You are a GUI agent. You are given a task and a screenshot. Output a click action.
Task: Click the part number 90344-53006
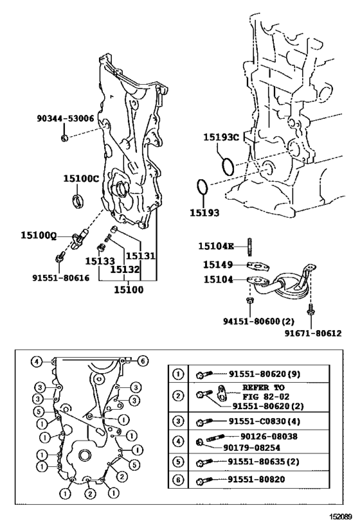(x=66, y=118)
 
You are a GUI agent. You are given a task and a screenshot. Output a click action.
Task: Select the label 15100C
(x=81, y=179)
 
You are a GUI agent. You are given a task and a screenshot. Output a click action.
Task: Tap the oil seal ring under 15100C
(x=79, y=200)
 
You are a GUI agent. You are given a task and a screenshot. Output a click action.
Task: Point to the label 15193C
(x=221, y=137)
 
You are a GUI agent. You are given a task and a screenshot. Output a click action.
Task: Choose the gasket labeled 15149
(x=258, y=267)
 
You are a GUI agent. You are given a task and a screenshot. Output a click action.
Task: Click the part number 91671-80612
(x=313, y=333)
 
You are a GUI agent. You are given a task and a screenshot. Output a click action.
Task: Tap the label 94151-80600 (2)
(x=258, y=321)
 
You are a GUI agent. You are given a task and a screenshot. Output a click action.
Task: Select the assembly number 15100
(x=129, y=290)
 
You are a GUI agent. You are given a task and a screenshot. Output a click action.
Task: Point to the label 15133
(x=100, y=261)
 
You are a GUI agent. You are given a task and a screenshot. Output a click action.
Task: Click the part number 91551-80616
(x=61, y=277)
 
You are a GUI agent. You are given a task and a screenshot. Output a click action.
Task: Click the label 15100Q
(x=39, y=236)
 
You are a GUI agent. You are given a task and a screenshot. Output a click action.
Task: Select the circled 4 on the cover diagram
(x=36, y=362)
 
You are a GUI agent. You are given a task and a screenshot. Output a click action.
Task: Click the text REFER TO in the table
(x=264, y=387)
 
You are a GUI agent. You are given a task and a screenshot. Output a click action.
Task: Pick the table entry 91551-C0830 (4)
(x=264, y=421)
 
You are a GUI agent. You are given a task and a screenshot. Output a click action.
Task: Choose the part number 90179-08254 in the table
(x=251, y=448)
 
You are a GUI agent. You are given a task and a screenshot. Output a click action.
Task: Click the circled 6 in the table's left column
(x=178, y=480)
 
